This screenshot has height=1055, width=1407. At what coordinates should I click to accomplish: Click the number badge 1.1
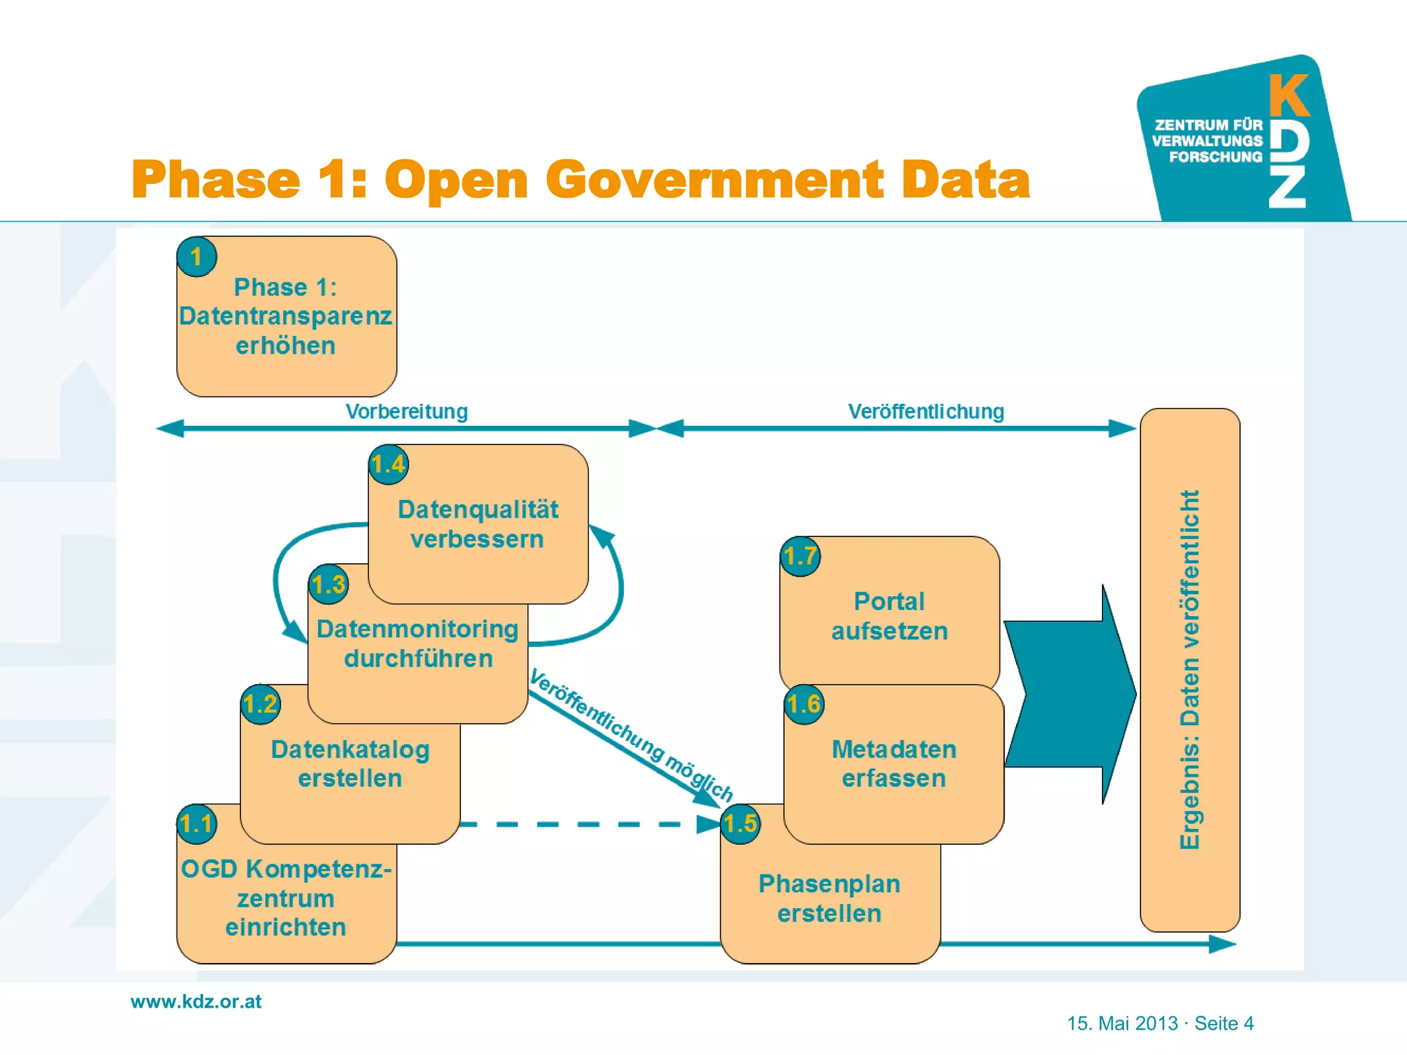(x=196, y=824)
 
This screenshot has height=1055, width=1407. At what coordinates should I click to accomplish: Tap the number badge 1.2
(x=260, y=704)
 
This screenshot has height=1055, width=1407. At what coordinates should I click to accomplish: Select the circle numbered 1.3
(x=328, y=585)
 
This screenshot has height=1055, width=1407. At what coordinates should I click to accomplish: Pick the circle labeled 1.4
(x=388, y=464)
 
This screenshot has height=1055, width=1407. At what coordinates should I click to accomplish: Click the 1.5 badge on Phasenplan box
(x=740, y=824)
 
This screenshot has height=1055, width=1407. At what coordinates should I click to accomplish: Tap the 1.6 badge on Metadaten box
(x=804, y=704)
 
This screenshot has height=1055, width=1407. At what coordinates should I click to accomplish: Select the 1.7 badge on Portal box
(x=800, y=556)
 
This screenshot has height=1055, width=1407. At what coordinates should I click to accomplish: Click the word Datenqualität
(x=478, y=510)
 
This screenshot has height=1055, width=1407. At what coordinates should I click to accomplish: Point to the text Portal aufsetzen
(x=890, y=616)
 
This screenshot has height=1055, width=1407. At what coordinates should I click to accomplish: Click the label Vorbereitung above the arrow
(x=407, y=411)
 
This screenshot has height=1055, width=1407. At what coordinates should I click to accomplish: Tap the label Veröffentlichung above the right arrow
(x=925, y=411)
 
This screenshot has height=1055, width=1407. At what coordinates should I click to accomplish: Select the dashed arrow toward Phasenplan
(x=584, y=824)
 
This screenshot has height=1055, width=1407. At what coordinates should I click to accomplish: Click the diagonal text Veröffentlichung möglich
(x=631, y=736)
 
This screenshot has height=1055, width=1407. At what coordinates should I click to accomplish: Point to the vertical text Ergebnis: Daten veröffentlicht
(x=1190, y=670)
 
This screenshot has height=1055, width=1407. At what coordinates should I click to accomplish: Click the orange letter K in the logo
(x=1288, y=96)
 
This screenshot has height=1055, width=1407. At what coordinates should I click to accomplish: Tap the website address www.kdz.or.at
(x=196, y=1001)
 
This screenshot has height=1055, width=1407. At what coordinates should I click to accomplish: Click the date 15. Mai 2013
(x=1122, y=1023)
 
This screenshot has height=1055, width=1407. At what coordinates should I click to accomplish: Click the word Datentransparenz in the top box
(x=285, y=316)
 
